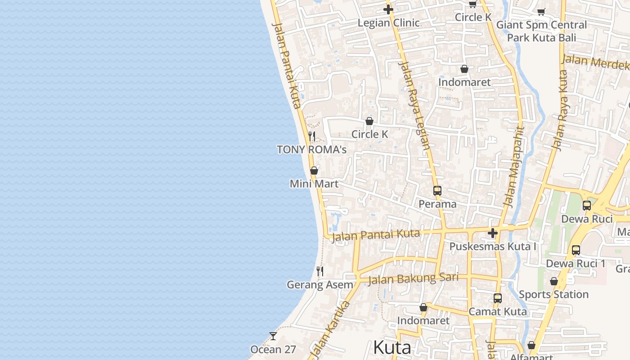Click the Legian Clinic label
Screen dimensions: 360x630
pos(388,22)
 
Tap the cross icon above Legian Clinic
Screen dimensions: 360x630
pos(388,9)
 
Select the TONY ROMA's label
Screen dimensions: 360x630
pos(311,149)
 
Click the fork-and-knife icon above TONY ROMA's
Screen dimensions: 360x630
pos(311,136)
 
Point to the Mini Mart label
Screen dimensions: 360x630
pos(314,184)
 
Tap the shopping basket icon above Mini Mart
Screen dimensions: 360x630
pos(314,171)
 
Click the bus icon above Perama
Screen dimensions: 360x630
pos(437,191)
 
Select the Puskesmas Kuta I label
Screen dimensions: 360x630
pos(493,247)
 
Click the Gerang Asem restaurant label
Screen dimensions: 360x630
pos(320,285)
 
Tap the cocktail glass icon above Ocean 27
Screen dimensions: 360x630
pos(273,336)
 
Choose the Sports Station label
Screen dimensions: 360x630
pos(553,294)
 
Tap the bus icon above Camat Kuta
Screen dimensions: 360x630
pos(497,298)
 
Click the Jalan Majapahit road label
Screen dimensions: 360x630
pos(514,166)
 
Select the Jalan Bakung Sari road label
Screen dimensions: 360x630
pos(413,279)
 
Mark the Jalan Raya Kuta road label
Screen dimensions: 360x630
pos(559,110)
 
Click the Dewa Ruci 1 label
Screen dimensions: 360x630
pos(576,264)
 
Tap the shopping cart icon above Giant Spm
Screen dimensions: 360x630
pos(541,12)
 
